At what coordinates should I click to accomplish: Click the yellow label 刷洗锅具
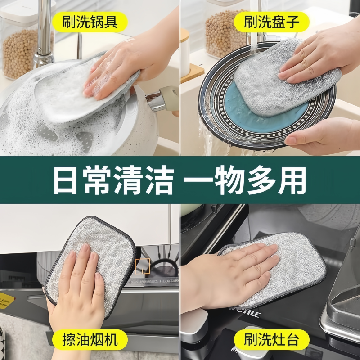click(90, 21)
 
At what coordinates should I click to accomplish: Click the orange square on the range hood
click(142, 265)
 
